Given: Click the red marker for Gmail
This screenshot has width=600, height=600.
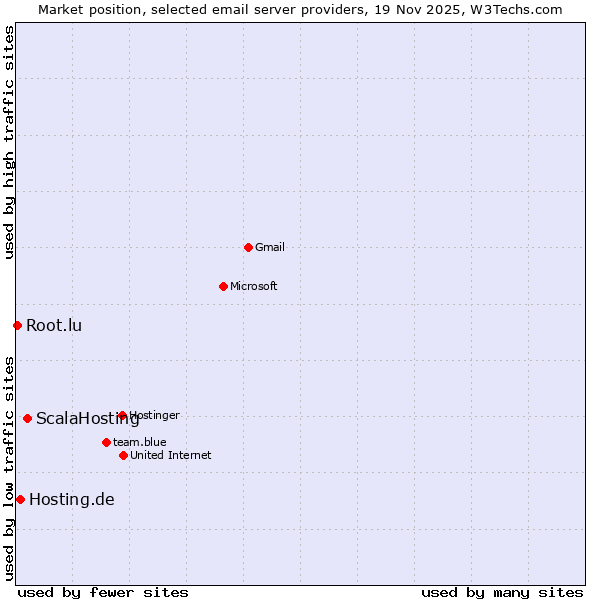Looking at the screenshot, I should coord(248,247).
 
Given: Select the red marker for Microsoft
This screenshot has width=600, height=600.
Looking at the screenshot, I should coord(223,286).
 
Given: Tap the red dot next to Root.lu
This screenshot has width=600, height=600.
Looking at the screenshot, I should coord(17,325).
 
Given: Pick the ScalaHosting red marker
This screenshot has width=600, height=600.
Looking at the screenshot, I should coord(27,418).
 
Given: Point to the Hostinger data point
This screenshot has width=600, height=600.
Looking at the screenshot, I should coord(122,415).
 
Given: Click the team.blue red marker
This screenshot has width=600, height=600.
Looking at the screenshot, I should coord(106,442).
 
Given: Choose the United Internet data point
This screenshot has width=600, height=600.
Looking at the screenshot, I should coord(123,455).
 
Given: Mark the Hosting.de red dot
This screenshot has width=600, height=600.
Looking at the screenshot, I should coord(20,499).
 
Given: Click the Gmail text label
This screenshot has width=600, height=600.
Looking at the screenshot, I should coord(270,247).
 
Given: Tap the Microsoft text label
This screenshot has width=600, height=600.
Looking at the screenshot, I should coord(253,286).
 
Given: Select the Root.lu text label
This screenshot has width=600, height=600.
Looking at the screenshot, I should coord(54,325).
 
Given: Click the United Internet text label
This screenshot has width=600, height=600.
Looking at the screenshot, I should coord(170,455).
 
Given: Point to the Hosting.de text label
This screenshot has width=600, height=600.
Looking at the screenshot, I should coord(72,499).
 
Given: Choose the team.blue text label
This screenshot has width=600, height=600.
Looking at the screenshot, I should coord(139,442).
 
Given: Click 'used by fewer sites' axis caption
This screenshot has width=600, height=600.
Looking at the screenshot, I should coord(103,592).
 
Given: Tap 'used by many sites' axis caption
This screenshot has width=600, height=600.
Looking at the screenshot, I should coord(501,592).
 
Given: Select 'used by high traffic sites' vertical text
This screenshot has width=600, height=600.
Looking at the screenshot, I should coord(9,142).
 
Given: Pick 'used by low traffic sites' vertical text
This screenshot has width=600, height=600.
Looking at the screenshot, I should coord(9,468).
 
